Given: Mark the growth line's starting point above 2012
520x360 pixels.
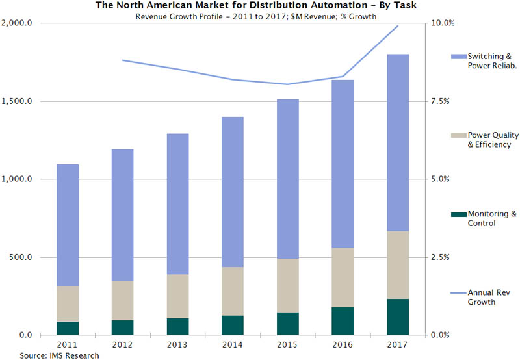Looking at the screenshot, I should tap(123, 60).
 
